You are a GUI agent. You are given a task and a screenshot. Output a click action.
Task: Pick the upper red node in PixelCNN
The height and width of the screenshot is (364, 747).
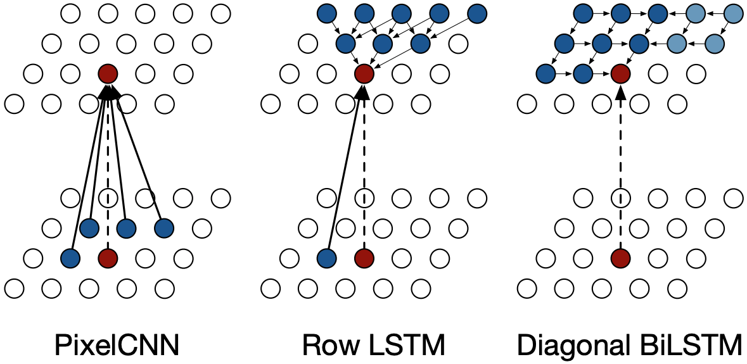[x=108, y=73]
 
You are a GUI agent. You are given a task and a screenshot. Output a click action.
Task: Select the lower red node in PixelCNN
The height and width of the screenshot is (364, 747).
[x=108, y=258]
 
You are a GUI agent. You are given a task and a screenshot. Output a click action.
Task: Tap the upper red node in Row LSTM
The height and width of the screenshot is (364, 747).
[x=364, y=73]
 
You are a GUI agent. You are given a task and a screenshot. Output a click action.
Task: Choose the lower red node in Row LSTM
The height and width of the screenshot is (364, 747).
[x=364, y=258]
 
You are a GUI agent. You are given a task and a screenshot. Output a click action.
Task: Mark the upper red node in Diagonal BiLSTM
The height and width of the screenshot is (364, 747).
[x=620, y=73]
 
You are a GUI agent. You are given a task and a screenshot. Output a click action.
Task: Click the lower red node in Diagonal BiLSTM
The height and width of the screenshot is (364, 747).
[x=620, y=258]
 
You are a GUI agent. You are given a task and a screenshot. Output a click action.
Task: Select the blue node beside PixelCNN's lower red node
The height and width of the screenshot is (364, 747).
[x=70, y=258]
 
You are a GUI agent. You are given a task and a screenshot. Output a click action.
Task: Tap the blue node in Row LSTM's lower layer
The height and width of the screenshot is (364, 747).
[x=326, y=258]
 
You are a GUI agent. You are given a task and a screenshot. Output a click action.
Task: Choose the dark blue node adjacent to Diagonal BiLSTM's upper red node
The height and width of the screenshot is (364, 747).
[x=582, y=73]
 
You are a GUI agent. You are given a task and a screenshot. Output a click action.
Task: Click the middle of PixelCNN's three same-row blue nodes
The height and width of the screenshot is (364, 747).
[x=127, y=227]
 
